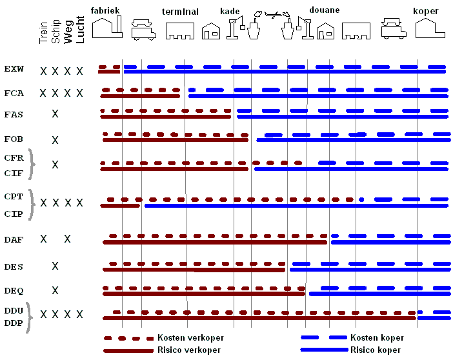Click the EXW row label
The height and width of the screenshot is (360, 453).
pos(14,68)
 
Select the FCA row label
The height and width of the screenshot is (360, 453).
pos(14,93)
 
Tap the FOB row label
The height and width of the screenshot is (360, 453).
pos(14,139)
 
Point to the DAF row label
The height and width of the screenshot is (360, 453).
pos(14,239)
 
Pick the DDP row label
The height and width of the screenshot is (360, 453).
pos(14,323)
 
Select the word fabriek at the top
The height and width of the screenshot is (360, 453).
pos(106,11)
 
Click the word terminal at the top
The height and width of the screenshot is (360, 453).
pos(180,12)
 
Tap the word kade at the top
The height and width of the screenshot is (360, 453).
pos(230,11)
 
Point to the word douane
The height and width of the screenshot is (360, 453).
pos(325,11)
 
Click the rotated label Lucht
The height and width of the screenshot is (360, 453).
pos(80,30)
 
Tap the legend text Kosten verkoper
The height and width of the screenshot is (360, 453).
pos(190,337)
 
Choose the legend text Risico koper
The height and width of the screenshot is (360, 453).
pos(375,350)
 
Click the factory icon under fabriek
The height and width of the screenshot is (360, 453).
pos(107,28)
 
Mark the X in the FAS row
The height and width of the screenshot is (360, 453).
pos(55,114)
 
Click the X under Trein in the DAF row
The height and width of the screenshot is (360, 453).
pos(43,239)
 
